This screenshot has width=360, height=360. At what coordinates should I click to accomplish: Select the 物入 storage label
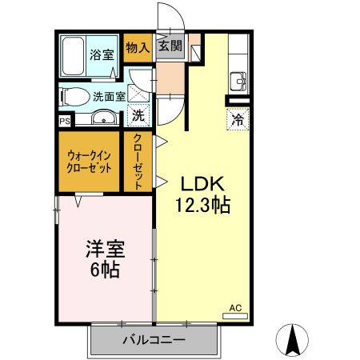click(138, 48)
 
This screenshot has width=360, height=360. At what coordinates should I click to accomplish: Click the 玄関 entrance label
click(169, 46)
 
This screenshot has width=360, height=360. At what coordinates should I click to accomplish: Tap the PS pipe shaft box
click(64, 122)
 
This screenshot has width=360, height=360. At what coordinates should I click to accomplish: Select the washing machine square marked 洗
click(138, 116)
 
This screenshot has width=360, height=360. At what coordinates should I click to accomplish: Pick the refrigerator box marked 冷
click(238, 120)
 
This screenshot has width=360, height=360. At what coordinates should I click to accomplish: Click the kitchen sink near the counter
click(238, 81)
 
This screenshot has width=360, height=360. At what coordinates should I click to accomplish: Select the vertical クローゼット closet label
click(138, 162)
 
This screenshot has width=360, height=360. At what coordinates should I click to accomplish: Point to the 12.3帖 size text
click(203, 205)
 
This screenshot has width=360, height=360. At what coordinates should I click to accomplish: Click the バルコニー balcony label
click(154, 340)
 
